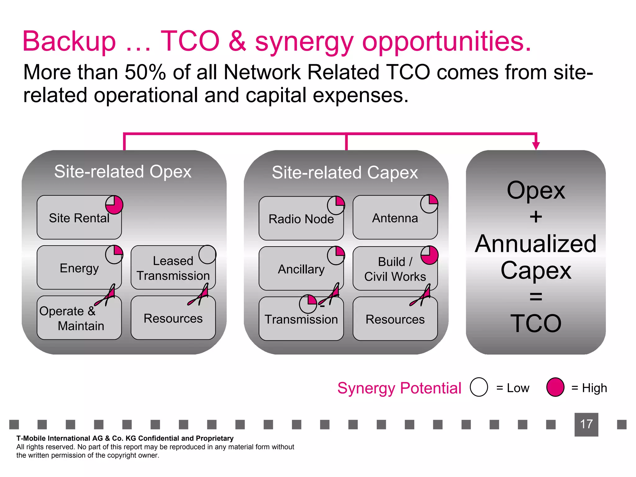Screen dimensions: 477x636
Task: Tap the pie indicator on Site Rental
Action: [x=114, y=205]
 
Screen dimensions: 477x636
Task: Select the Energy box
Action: [x=79, y=268]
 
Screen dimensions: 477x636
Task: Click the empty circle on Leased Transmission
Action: [x=207, y=255]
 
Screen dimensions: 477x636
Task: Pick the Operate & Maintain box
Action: [x=79, y=318]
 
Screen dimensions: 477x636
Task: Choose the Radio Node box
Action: [x=301, y=219]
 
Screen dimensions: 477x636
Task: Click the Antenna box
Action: [x=395, y=218]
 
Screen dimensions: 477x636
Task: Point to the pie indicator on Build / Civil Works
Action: [x=429, y=255]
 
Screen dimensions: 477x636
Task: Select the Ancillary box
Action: [x=301, y=269]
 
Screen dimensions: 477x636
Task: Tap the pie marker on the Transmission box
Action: [x=308, y=304]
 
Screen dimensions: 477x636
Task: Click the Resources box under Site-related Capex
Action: [x=395, y=319]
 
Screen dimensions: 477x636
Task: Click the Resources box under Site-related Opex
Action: [x=173, y=318]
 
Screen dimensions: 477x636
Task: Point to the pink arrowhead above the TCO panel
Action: [x=536, y=145]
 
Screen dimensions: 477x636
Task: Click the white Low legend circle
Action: [x=479, y=387]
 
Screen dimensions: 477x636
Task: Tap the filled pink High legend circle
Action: [x=555, y=387]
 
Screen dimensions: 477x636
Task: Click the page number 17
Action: [x=586, y=424]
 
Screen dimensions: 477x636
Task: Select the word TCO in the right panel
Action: [x=536, y=324]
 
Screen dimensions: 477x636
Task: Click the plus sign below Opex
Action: [x=536, y=217]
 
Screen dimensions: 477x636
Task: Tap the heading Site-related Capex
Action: [x=345, y=173]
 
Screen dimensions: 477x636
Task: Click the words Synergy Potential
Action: [x=399, y=388]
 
